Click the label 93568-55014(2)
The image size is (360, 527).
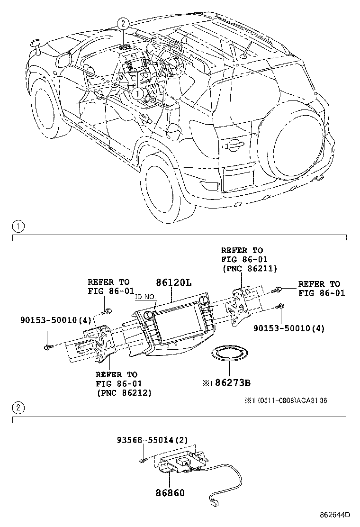pyautogui.click(x=152, y=440)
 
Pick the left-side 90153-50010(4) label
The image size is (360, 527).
pyautogui.click(x=55, y=320)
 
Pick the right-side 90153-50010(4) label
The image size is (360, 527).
pyautogui.click(x=289, y=327)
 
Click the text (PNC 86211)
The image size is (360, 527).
pyautogui.click(x=249, y=269)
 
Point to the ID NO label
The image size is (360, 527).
pyautogui.click(x=145, y=297)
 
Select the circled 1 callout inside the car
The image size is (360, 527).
pyautogui.click(x=137, y=93)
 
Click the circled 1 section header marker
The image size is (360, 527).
pyautogui.click(x=17, y=227)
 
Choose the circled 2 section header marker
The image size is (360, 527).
pyautogui.click(x=17, y=408)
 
